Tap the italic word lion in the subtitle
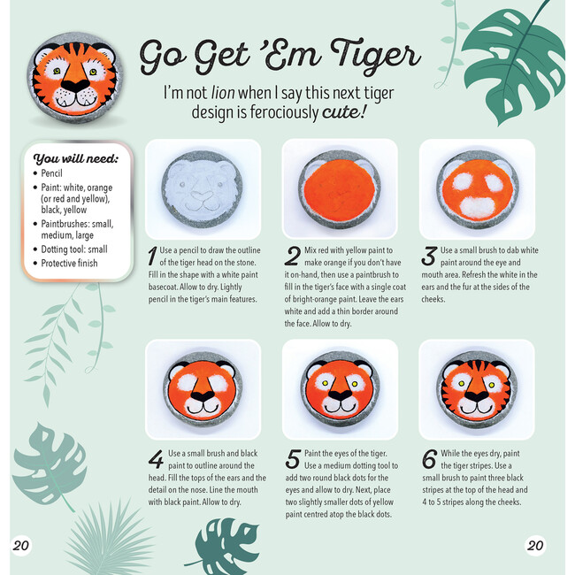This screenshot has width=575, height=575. click(x=223, y=93)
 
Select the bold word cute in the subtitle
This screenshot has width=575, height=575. click(x=340, y=111)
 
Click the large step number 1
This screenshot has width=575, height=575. click(x=152, y=256)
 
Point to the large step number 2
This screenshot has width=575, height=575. click(x=293, y=256)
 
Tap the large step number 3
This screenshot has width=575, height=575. click(x=429, y=256)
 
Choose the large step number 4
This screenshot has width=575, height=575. click(x=157, y=459)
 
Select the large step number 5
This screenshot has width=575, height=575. click(x=293, y=459)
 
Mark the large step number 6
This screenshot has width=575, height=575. click(x=429, y=459)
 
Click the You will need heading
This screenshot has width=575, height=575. click(x=75, y=158)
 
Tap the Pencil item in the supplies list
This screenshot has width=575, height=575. click(x=51, y=173)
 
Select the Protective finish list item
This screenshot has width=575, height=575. click(x=69, y=264)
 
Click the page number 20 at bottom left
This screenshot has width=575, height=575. click(x=21, y=545)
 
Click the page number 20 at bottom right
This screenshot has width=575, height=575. click(x=535, y=545)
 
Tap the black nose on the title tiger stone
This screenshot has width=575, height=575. click(x=75, y=86)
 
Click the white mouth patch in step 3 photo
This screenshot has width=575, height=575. click(x=476, y=208)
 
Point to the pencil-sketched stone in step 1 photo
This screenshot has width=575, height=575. click(x=203, y=188)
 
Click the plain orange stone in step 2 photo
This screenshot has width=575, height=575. click(x=340, y=188)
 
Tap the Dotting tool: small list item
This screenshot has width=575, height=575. click(x=74, y=249)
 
